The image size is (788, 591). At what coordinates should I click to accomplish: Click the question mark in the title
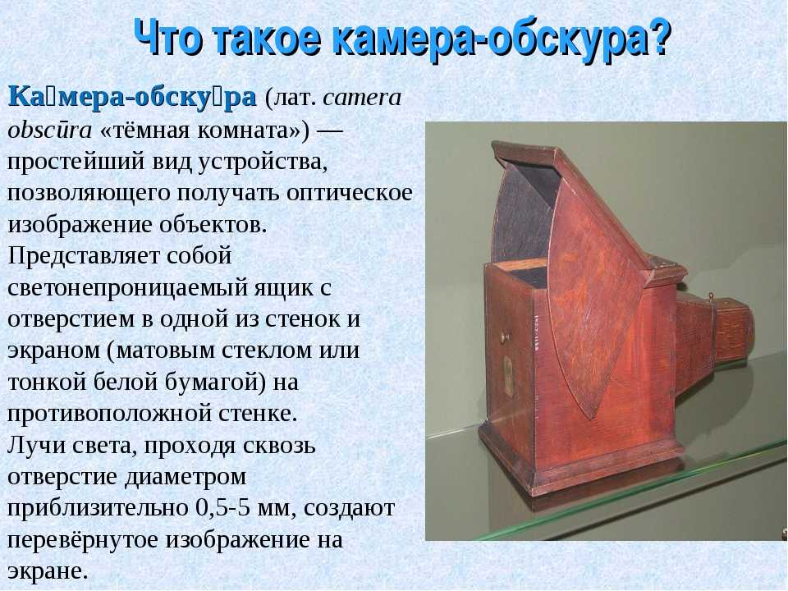657,39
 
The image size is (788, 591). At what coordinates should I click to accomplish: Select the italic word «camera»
362,98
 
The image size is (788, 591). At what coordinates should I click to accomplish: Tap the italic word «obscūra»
50,131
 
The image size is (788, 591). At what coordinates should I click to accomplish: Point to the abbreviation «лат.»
291,98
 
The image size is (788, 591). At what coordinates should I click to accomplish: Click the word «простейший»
76,163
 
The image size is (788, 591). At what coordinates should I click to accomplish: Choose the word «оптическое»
350,194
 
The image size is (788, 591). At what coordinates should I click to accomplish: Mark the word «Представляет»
84,256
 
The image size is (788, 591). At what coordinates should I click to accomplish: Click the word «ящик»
282,288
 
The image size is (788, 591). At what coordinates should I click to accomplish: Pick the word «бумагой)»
216,382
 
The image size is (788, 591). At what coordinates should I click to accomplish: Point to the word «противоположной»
109,414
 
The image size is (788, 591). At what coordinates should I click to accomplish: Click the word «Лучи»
34,446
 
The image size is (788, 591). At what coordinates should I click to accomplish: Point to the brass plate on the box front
509,374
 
